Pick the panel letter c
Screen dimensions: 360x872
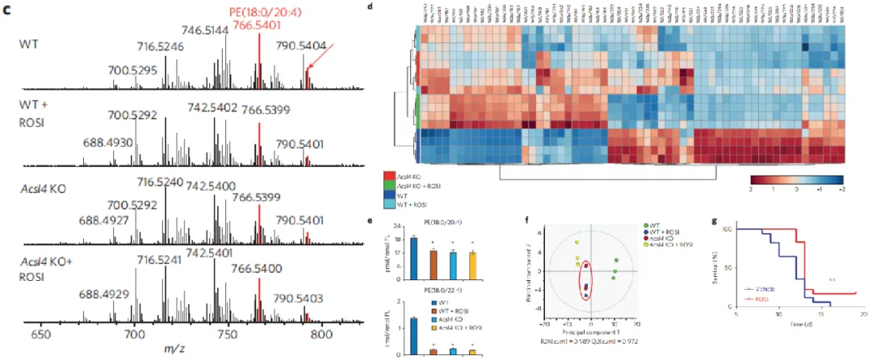[x=9, y=9]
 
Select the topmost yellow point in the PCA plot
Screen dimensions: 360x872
[x=577, y=241]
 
